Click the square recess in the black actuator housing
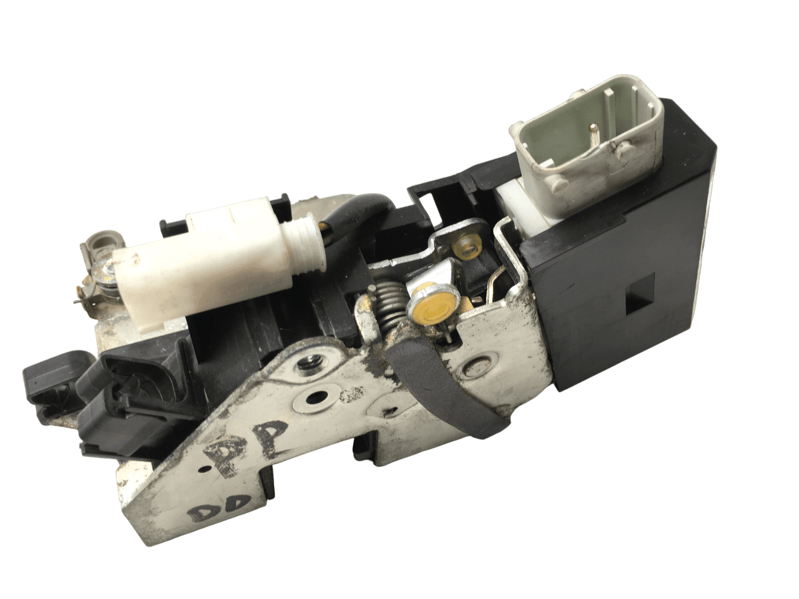[x=639, y=306]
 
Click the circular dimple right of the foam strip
[x=480, y=366]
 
